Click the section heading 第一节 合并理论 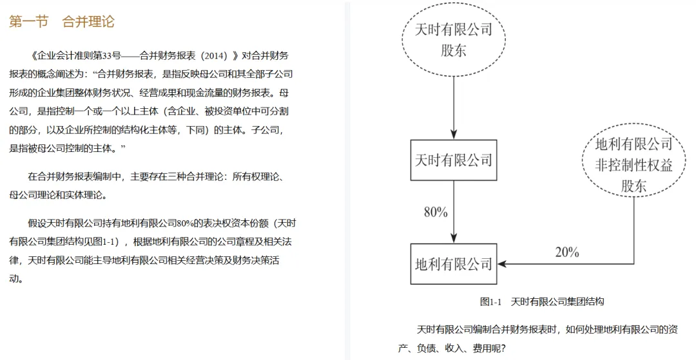(61, 22)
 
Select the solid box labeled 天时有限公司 (453, 159)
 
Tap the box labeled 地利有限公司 (453, 264)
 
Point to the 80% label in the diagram (435, 212)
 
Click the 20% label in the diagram (566, 252)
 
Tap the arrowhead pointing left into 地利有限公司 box (502, 264)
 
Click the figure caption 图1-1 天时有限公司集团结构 (541, 301)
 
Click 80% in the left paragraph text (184, 224)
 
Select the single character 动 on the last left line (14, 279)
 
